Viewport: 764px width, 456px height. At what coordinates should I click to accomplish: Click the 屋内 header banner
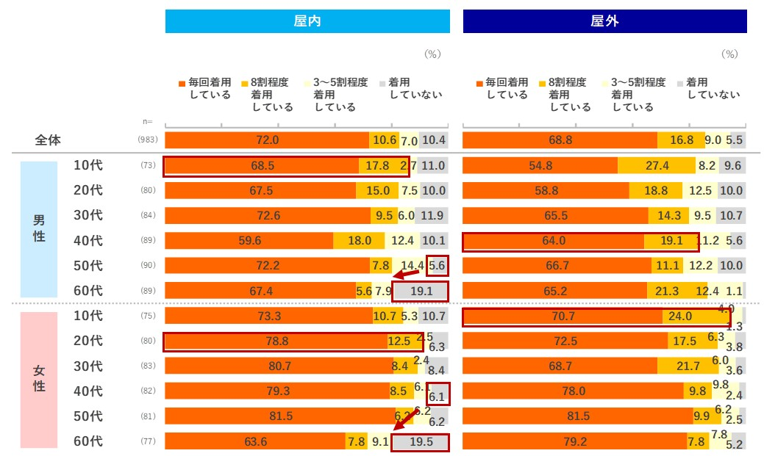coord(307,21)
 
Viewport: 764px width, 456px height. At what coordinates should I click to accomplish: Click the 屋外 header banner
coord(604,21)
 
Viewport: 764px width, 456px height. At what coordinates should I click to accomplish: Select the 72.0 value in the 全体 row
coord(267,140)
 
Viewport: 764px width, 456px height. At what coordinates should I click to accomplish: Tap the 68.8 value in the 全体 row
coord(560,140)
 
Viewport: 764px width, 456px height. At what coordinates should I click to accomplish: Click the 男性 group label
coord(39,228)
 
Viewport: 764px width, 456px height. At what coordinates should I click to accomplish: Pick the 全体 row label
coord(48,140)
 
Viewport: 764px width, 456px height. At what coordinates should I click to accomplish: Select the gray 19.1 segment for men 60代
coord(421,291)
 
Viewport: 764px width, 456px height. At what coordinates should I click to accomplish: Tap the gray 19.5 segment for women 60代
coord(421,442)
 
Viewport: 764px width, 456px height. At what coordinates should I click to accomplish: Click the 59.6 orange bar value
coord(249,240)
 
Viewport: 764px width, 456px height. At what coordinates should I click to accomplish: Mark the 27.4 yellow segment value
coord(657,166)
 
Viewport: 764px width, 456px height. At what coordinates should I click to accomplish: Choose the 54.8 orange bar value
coord(540,166)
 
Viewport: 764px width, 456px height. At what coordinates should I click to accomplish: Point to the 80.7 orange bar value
coord(279,366)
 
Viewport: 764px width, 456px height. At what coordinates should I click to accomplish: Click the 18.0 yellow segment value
coord(359,240)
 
